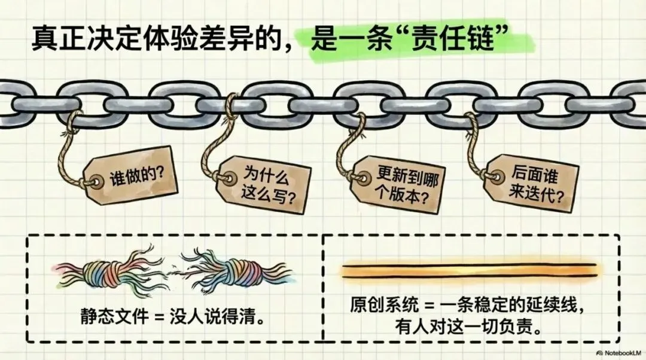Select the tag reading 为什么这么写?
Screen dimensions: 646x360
coord(266,185)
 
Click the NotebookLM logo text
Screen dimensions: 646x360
coord(615,351)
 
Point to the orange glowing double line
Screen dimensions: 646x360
coord(469,270)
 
